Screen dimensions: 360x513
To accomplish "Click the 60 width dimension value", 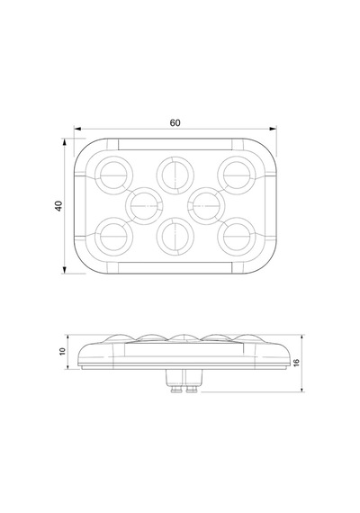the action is (175, 123).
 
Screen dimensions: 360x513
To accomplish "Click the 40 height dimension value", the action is (58, 206).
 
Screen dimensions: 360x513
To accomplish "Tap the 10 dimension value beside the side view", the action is (62, 351).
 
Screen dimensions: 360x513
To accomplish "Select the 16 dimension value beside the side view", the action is (296, 363).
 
